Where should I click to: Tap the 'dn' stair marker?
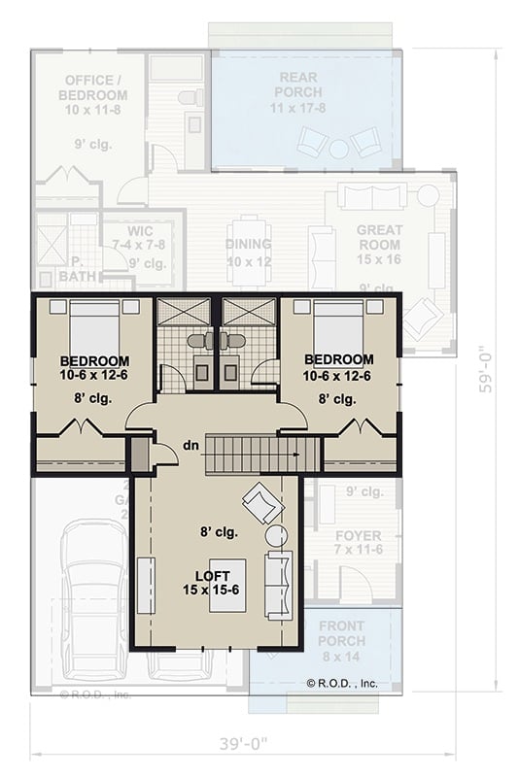(x=191, y=447)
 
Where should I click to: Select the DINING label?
(x=248, y=252)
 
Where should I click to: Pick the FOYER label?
(x=358, y=543)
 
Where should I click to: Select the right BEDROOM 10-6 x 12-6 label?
(x=337, y=366)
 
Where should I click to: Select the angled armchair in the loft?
(x=262, y=503)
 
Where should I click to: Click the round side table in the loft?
(x=276, y=535)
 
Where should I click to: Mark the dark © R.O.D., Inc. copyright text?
(x=342, y=684)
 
